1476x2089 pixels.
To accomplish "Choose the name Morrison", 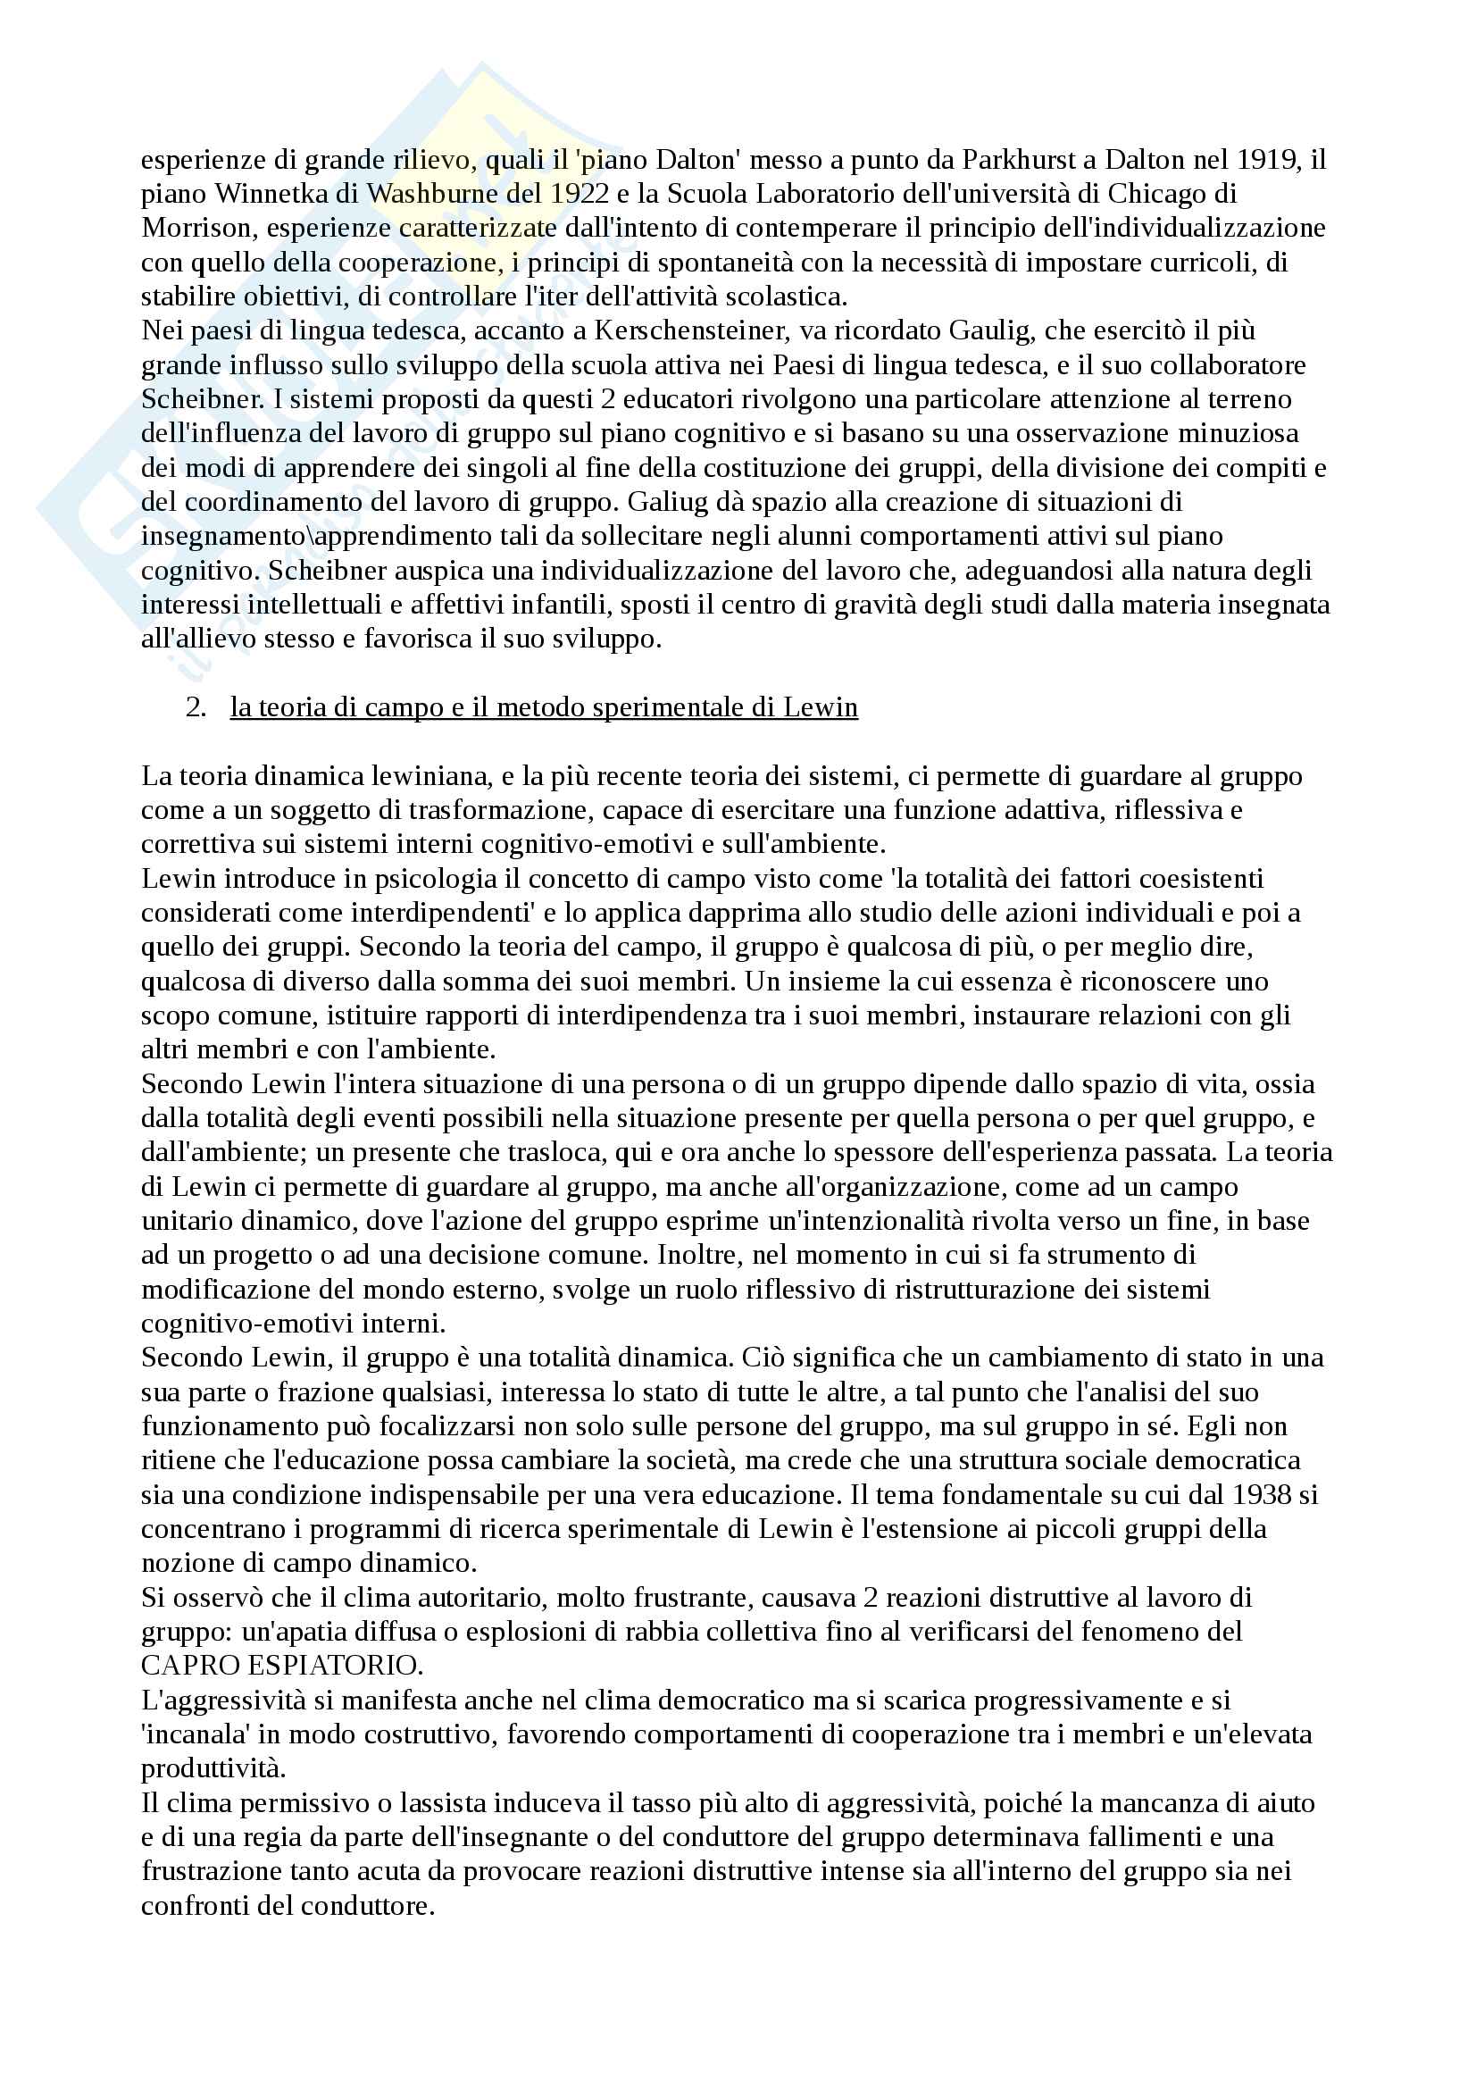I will coord(188,229).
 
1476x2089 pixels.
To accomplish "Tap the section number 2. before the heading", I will coord(196,707).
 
